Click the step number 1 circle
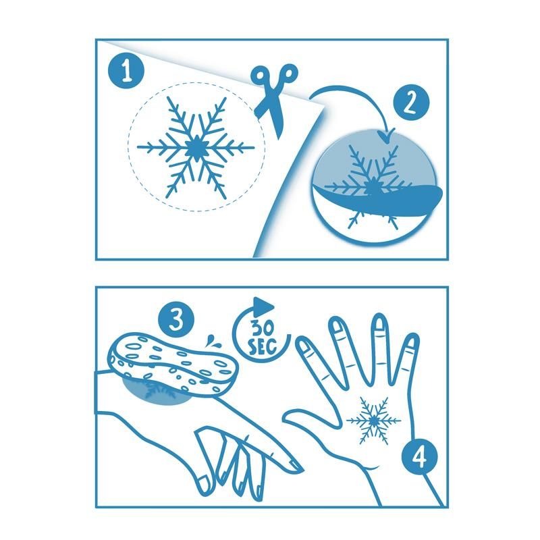click(126, 72)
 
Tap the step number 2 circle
click(411, 103)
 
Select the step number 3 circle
click(176, 320)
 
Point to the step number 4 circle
click(419, 458)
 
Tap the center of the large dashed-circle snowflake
click(196, 147)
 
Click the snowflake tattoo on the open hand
click(374, 420)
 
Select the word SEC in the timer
click(263, 347)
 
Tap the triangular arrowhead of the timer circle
click(263, 305)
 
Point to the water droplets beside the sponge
click(210, 341)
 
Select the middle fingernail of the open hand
click(379, 325)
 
